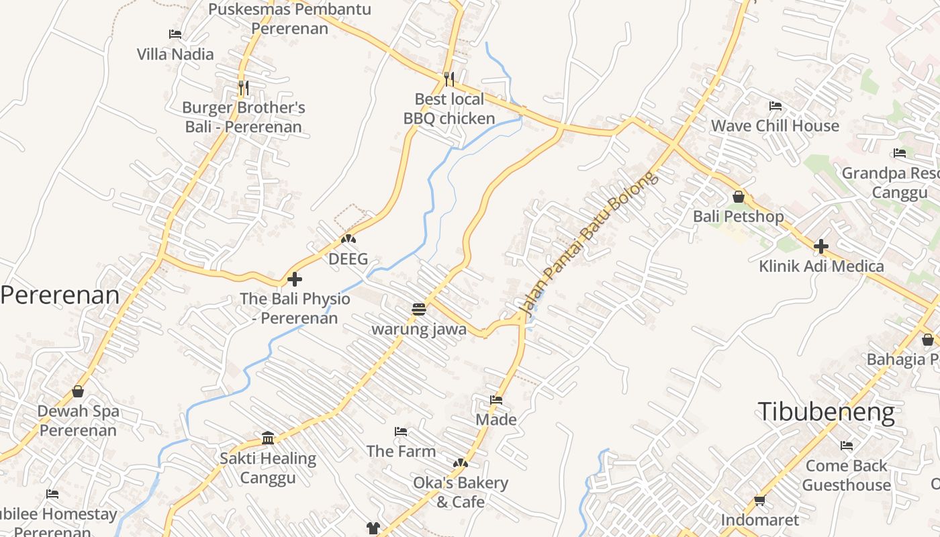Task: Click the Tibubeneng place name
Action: click(x=826, y=411)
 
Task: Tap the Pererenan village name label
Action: click(x=60, y=295)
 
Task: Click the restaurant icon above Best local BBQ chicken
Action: click(x=449, y=79)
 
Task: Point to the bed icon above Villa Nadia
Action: click(x=175, y=34)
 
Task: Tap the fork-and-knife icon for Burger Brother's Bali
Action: click(x=244, y=88)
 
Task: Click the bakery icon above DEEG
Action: click(x=348, y=239)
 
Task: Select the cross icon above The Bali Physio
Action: click(x=295, y=279)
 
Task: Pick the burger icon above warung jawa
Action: click(x=419, y=309)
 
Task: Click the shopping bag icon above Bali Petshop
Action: click(x=739, y=197)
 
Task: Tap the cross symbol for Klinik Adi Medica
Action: click(x=820, y=246)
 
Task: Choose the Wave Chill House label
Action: click(x=775, y=126)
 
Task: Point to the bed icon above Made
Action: click(x=496, y=400)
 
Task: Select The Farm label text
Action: click(x=401, y=451)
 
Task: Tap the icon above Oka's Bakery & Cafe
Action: click(x=460, y=463)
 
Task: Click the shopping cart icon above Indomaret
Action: click(x=760, y=500)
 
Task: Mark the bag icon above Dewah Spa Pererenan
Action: click(x=78, y=391)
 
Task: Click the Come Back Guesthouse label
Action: click(x=846, y=475)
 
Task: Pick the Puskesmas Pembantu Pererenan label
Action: click(x=289, y=19)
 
